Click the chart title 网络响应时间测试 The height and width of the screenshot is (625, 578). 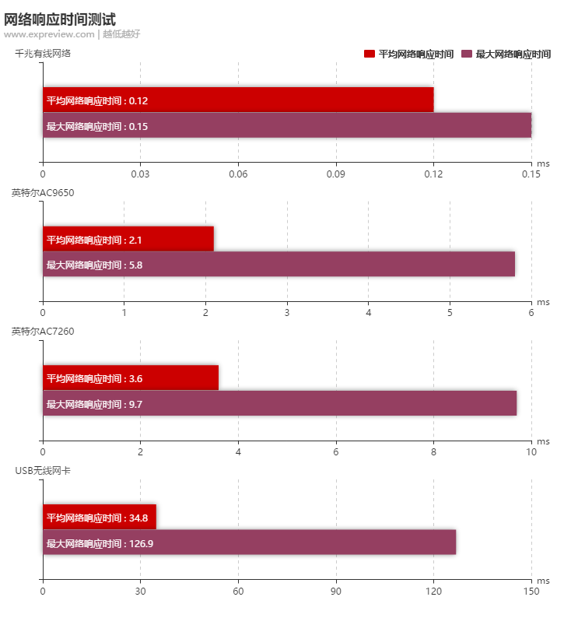(60, 19)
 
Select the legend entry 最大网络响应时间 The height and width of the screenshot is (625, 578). (506, 54)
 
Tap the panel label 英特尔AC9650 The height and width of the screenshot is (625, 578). (43, 192)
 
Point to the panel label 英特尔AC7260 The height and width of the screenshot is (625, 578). (43, 332)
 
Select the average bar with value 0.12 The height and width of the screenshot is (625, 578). (238, 100)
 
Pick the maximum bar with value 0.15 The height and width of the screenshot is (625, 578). (287, 125)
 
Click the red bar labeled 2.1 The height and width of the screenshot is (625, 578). (128, 239)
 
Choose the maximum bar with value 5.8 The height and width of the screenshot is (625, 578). (278, 264)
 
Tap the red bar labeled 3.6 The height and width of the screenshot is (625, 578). (131, 377)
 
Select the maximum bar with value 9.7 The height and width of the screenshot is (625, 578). (279, 403)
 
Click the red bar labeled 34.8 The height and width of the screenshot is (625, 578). (100, 517)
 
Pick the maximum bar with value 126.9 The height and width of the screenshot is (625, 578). (249, 542)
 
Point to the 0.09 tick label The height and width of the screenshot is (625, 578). (336, 174)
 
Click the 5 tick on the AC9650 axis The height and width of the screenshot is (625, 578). (450, 312)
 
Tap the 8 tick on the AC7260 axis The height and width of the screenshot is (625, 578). (433, 451)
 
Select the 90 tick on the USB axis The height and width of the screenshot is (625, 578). (336, 591)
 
